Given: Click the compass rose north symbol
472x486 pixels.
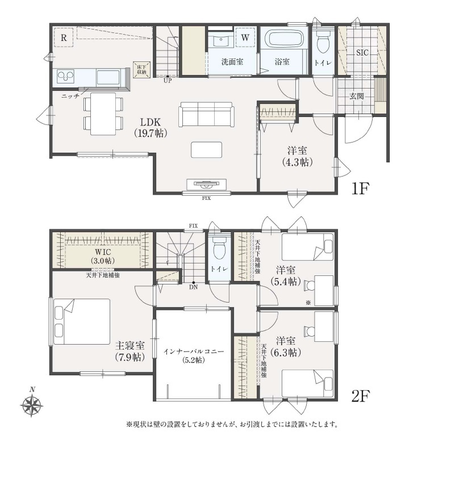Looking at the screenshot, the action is click(x=31, y=403).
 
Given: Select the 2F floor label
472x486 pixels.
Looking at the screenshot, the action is click(x=361, y=396).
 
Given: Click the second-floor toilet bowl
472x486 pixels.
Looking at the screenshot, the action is click(x=220, y=249).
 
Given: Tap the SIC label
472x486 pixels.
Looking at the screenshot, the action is click(x=362, y=53).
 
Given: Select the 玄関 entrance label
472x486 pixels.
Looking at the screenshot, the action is click(x=357, y=96).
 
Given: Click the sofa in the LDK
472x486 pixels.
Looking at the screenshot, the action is click(x=206, y=114).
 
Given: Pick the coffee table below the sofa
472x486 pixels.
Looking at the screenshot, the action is click(x=206, y=150).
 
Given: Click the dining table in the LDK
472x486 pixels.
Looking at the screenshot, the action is click(x=103, y=114).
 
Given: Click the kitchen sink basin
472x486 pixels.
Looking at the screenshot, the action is click(x=108, y=77).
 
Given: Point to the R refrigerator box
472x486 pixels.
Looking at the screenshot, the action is click(x=64, y=37).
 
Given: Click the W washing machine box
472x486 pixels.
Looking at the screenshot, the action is click(x=245, y=37).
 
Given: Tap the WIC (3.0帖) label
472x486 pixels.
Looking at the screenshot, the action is click(x=103, y=256).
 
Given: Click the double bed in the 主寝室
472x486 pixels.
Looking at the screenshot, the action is click(x=82, y=321).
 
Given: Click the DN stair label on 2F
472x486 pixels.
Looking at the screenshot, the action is click(x=194, y=287).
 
